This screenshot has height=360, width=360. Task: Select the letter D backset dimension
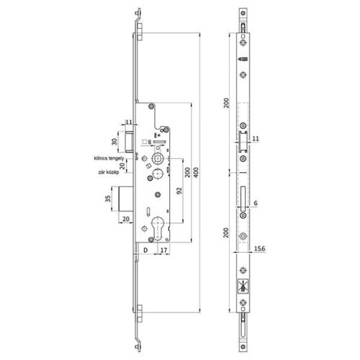(x=145, y=251)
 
